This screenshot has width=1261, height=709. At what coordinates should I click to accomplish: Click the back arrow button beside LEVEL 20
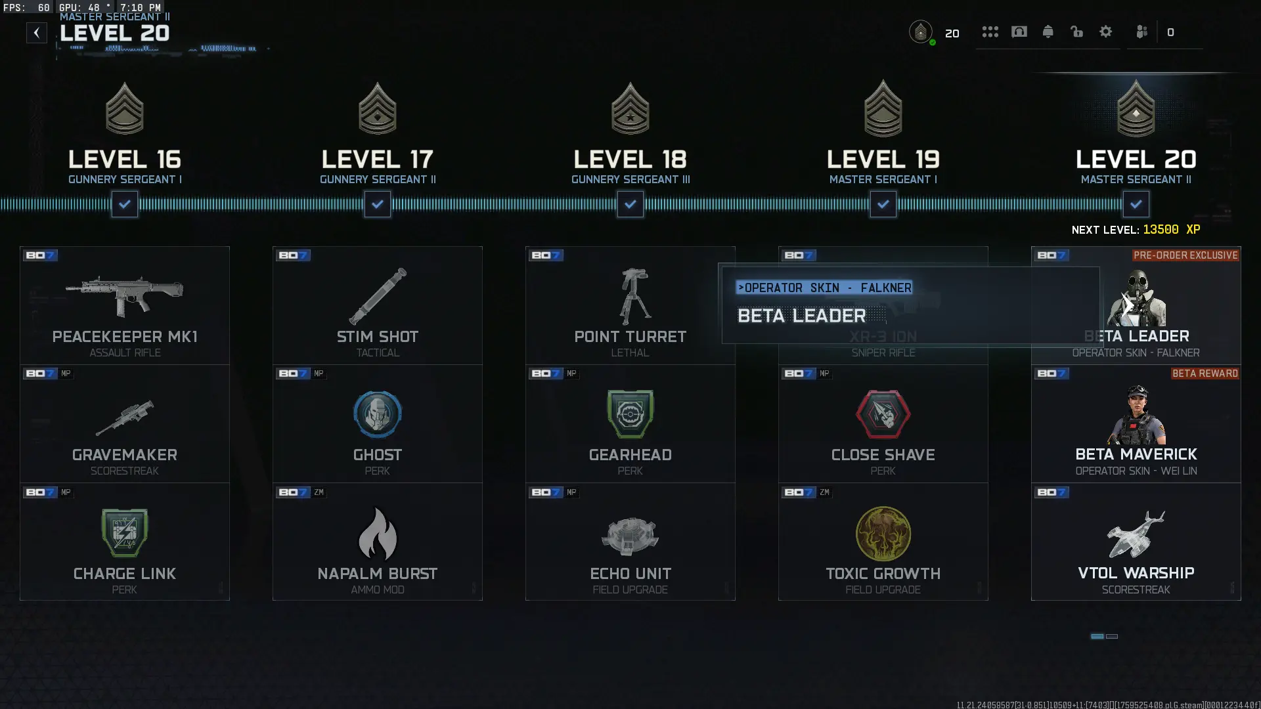[37, 33]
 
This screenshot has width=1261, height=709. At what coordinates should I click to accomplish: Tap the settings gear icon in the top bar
[1106, 32]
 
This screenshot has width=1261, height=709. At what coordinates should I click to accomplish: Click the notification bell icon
[1048, 32]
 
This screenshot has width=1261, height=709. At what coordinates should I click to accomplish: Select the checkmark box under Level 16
[125, 204]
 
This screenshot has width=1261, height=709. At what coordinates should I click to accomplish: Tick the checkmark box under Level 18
[630, 204]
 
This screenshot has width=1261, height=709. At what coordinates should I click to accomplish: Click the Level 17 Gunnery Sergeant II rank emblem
[378, 110]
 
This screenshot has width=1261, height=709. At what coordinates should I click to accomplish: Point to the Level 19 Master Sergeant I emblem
[883, 110]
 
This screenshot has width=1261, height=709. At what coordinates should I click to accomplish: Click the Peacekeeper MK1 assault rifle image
[125, 295]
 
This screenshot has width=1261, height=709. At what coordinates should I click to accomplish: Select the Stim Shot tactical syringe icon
[378, 296]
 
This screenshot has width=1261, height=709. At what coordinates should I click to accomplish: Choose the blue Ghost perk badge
[378, 414]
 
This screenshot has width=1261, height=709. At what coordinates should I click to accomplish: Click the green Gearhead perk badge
[630, 414]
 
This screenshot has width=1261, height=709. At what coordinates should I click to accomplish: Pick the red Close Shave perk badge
[883, 414]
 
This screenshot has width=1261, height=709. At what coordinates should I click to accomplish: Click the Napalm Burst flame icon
[378, 534]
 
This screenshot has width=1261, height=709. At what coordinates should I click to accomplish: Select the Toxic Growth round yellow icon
[883, 534]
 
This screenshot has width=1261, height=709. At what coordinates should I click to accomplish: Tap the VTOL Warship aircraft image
[1136, 534]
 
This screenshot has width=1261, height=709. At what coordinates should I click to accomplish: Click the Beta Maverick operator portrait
[1137, 415]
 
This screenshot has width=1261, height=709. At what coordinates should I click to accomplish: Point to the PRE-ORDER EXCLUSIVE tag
[1185, 255]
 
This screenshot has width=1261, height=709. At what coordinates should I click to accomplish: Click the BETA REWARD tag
[1205, 374]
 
